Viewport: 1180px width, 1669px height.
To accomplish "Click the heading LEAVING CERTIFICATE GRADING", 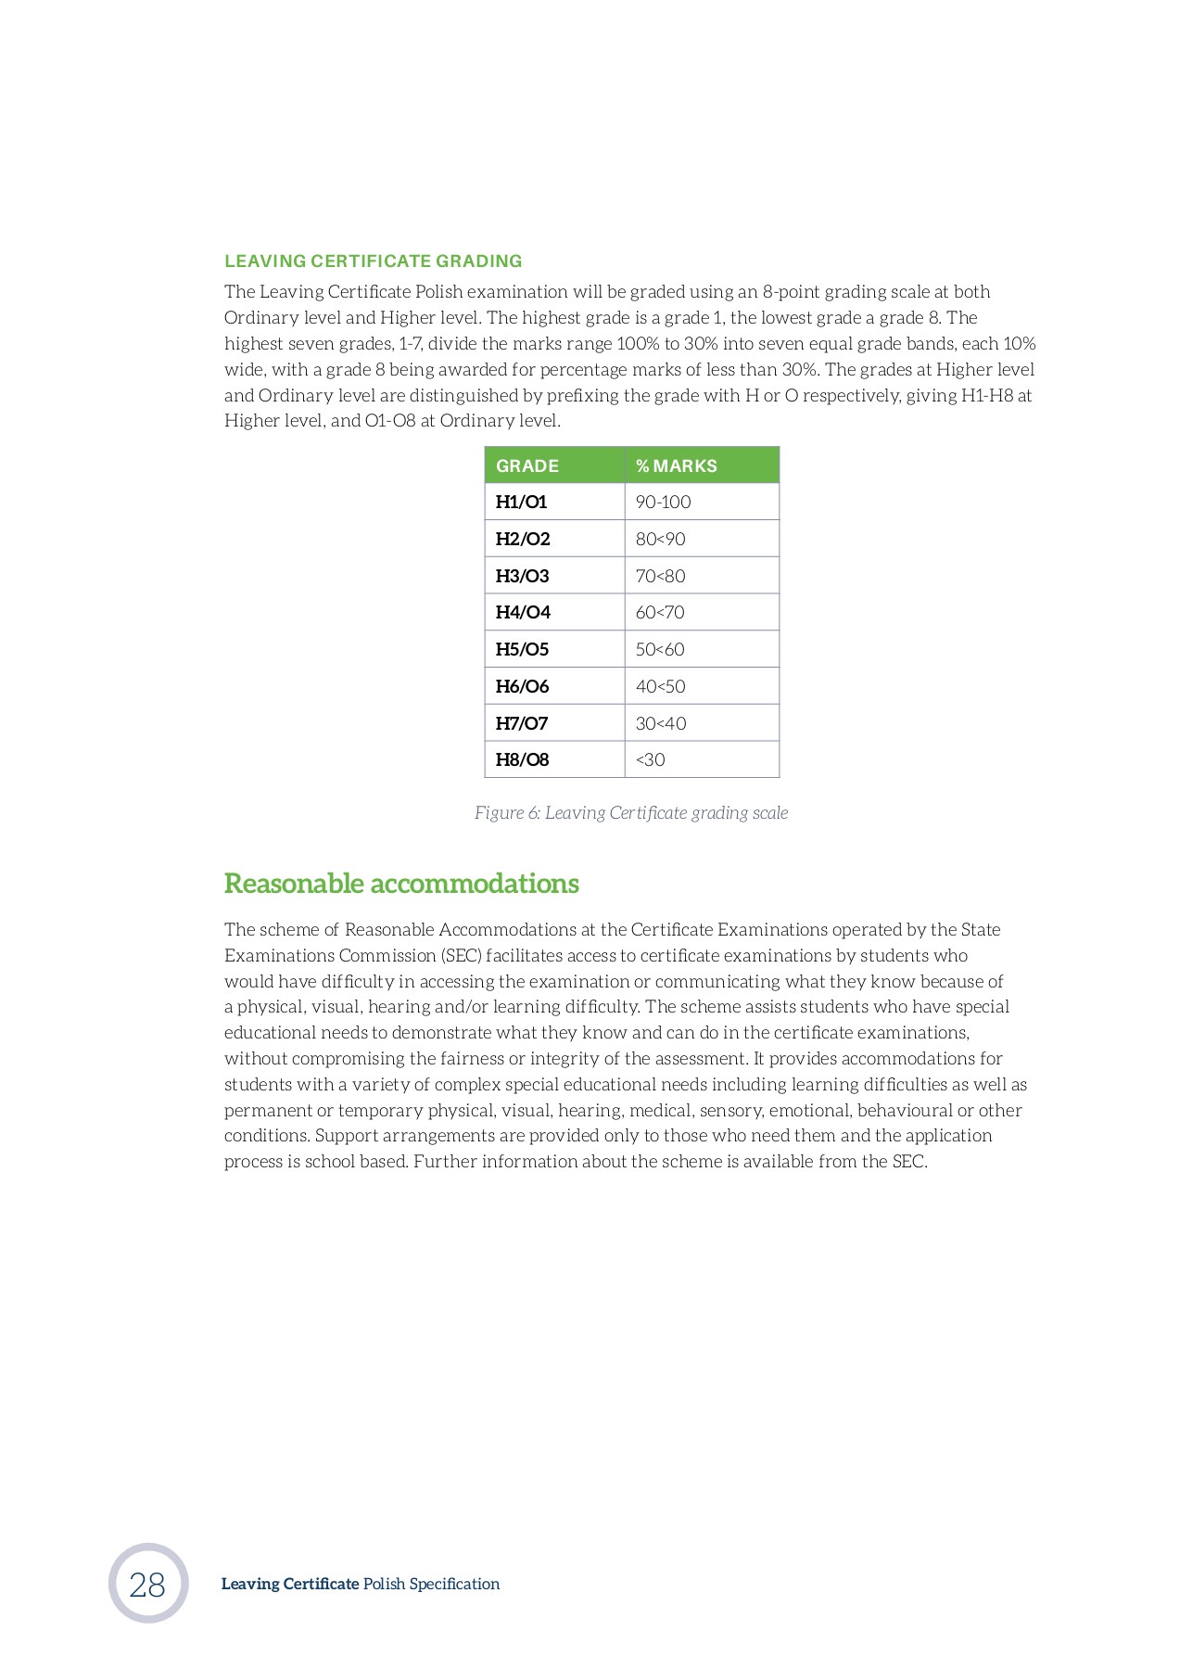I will (373, 261).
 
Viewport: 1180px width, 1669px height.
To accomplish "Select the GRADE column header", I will (527, 465).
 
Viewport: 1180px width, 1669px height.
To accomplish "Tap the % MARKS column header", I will (676, 465).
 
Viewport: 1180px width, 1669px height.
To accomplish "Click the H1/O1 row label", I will (521, 502).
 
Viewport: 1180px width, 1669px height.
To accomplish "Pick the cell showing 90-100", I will (663, 502).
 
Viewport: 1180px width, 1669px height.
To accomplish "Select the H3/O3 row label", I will (522, 576).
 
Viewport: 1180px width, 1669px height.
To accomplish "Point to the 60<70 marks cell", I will (660, 612).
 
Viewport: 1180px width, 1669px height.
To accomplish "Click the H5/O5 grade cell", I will (522, 649).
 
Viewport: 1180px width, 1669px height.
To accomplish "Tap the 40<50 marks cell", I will (660, 686).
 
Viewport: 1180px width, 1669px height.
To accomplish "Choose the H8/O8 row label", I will (522, 759).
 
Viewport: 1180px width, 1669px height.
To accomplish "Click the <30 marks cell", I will (650, 759).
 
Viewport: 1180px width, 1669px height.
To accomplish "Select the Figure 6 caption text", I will (630, 813).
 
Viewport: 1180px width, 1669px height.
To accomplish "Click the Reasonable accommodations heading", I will (400, 883).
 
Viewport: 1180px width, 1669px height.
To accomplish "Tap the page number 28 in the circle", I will (147, 1585).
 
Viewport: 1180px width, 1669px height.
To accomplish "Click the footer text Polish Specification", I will (431, 1584).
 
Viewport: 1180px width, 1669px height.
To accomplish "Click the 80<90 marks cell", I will (660, 539).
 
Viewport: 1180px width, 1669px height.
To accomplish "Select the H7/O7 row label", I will (522, 723).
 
